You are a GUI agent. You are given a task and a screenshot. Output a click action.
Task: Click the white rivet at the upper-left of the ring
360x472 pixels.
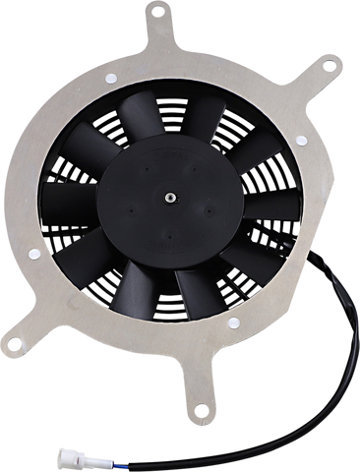click(x=107, y=77)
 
